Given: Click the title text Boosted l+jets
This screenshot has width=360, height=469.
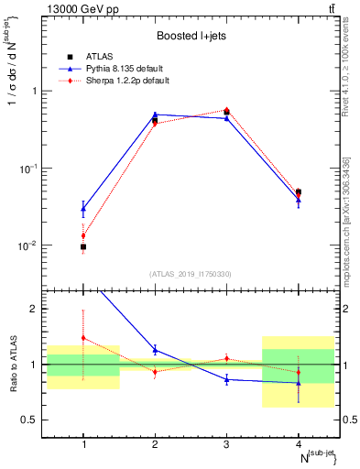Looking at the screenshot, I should coord(191,37).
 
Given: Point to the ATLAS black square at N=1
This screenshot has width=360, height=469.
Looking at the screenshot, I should coord(83,246).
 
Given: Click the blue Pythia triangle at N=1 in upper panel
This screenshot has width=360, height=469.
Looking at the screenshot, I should coord(83,209).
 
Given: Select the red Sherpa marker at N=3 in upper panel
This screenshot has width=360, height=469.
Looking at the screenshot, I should coord(226,110).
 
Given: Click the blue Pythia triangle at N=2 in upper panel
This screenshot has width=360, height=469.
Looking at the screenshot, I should coord(155,115).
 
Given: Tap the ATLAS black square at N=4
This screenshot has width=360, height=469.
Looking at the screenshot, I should coord(298,192).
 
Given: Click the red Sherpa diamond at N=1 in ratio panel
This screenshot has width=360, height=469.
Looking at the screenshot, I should coord(83,338).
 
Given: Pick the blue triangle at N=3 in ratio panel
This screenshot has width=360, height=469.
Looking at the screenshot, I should coord(226,379).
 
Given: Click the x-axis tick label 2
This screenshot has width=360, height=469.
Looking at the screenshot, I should coord(155,445).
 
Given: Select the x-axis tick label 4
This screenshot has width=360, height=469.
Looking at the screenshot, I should coord(298,445).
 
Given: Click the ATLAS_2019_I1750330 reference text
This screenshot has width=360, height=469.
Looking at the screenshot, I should coord(191,274).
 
